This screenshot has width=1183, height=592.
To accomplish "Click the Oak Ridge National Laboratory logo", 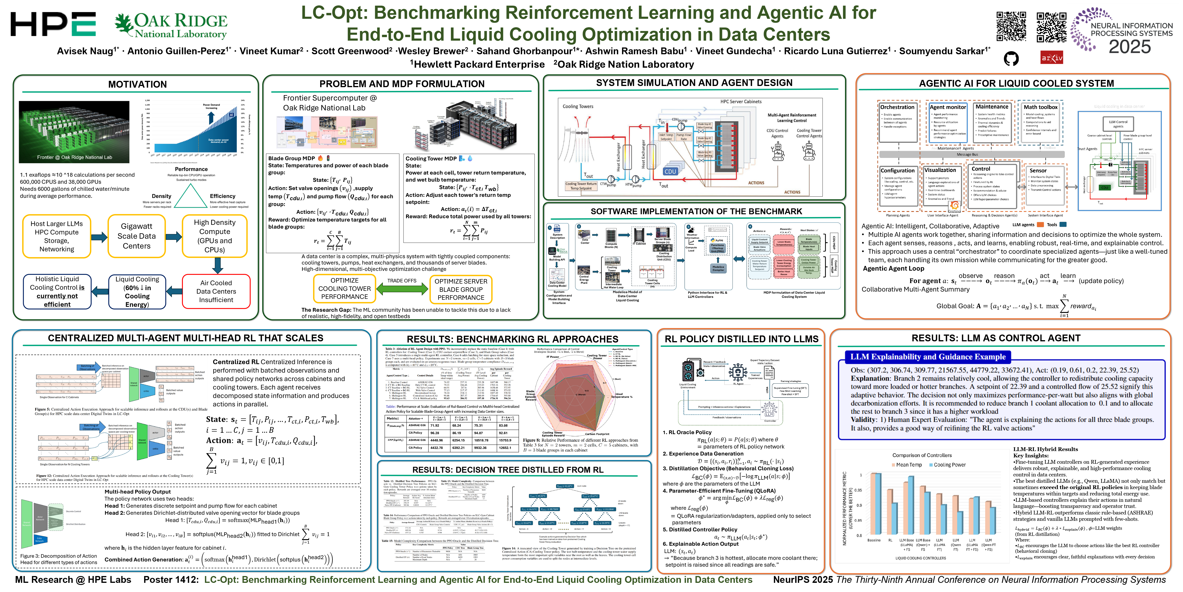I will pos(171,26).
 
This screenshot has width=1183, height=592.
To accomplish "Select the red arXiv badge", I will pos(1052,58).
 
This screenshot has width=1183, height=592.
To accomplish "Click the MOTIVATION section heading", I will pos(137,84).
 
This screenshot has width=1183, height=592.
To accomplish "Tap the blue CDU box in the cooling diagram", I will pos(671,171).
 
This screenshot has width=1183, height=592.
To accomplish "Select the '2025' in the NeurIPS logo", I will pos(1130,47).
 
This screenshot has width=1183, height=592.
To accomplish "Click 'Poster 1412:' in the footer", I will pos(171,580).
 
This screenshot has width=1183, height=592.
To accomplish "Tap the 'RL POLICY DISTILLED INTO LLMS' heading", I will pos(741,339).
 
